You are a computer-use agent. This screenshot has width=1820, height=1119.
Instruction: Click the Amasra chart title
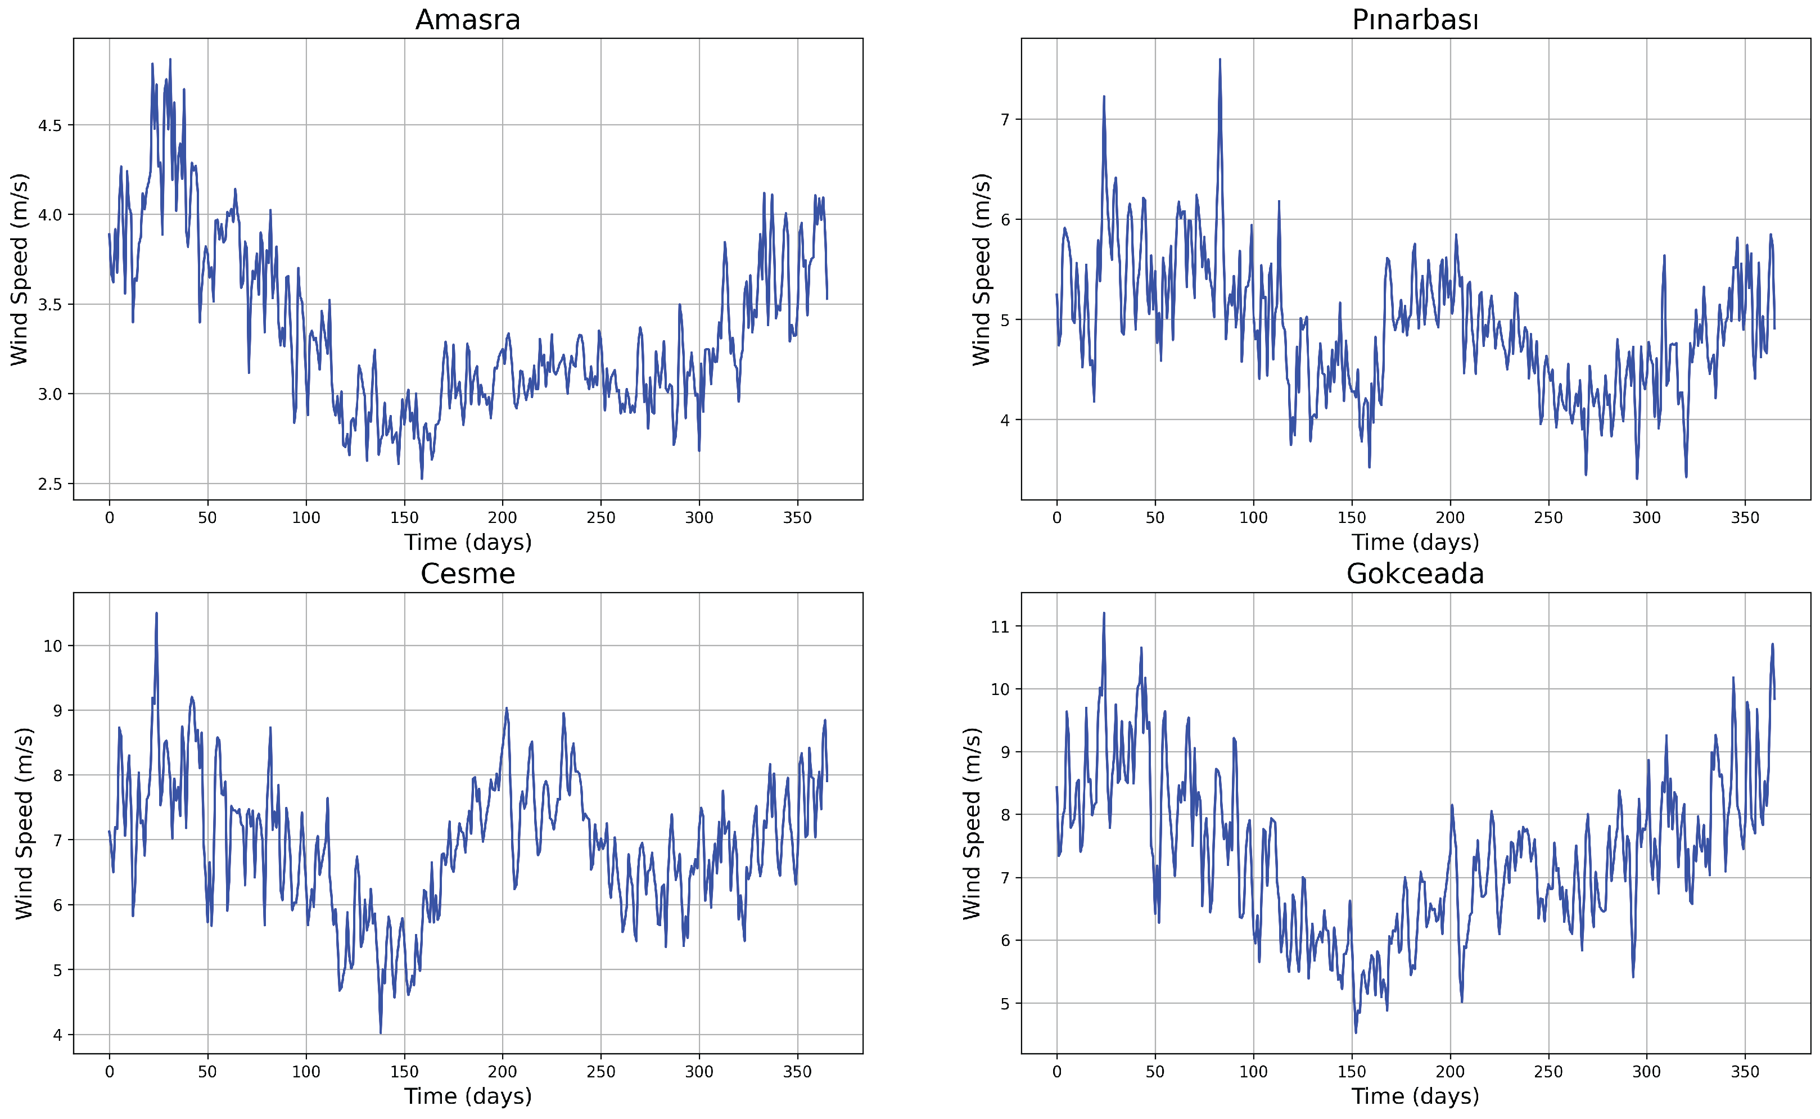click(468, 20)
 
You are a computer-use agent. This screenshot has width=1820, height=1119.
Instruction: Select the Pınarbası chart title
click(1415, 20)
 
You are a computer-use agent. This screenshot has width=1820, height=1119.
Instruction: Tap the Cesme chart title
click(468, 574)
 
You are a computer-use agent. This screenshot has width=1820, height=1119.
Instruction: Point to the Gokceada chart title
click(1415, 574)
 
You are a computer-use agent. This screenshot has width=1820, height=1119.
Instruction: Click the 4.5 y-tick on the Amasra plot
click(49, 125)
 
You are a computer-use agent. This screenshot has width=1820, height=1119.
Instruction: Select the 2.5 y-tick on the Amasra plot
click(49, 484)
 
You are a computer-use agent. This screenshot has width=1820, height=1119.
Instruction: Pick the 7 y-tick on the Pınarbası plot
click(1004, 119)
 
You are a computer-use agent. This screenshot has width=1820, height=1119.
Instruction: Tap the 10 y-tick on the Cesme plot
click(52, 646)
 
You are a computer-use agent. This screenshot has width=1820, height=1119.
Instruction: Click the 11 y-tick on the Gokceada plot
click(1000, 627)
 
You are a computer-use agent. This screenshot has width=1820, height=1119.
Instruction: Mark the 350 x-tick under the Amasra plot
click(797, 518)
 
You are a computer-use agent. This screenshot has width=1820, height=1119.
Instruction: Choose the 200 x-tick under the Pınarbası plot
click(1449, 518)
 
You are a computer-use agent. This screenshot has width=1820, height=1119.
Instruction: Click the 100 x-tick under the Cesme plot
click(305, 1072)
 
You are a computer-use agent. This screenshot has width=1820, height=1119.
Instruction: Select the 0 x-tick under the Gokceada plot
click(1056, 1072)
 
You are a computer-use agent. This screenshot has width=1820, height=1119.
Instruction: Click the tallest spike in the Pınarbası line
click(1220, 60)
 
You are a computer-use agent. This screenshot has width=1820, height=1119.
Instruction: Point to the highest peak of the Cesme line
click(156, 613)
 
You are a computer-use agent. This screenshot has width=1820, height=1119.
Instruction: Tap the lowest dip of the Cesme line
click(380, 1032)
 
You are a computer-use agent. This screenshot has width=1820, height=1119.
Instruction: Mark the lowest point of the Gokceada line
click(1356, 1032)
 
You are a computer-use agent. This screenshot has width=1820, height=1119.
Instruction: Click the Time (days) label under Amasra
click(468, 543)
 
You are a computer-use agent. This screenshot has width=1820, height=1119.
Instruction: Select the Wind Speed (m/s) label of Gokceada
click(972, 823)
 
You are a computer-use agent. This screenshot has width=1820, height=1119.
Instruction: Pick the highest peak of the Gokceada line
click(1104, 613)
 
